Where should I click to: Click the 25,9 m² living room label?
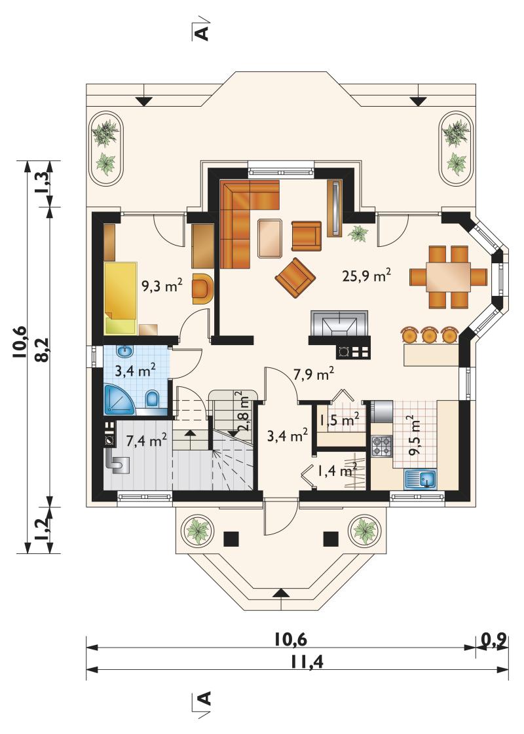(367, 276)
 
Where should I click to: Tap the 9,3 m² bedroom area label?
(162, 285)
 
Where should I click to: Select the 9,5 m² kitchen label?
(415, 435)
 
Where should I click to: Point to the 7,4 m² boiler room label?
(147, 441)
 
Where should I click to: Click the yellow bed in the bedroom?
(121, 298)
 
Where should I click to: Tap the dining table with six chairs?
(448, 277)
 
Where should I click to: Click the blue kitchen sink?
(420, 480)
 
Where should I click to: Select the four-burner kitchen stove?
(381, 446)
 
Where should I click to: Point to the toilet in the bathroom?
(153, 399)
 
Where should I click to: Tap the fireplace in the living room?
(339, 323)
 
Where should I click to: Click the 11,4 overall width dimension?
(307, 662)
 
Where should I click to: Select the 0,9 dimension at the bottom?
(493, 638)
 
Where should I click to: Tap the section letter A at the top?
(201, 33)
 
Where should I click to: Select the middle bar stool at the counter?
(429, 335)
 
